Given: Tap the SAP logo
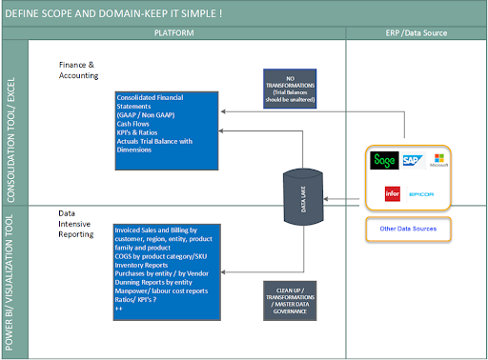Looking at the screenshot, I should click(412, 160).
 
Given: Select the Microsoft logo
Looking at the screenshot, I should click(439, 160).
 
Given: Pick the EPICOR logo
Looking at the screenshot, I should click(422, 193).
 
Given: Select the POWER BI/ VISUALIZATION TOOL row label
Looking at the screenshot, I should click(13, 281).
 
